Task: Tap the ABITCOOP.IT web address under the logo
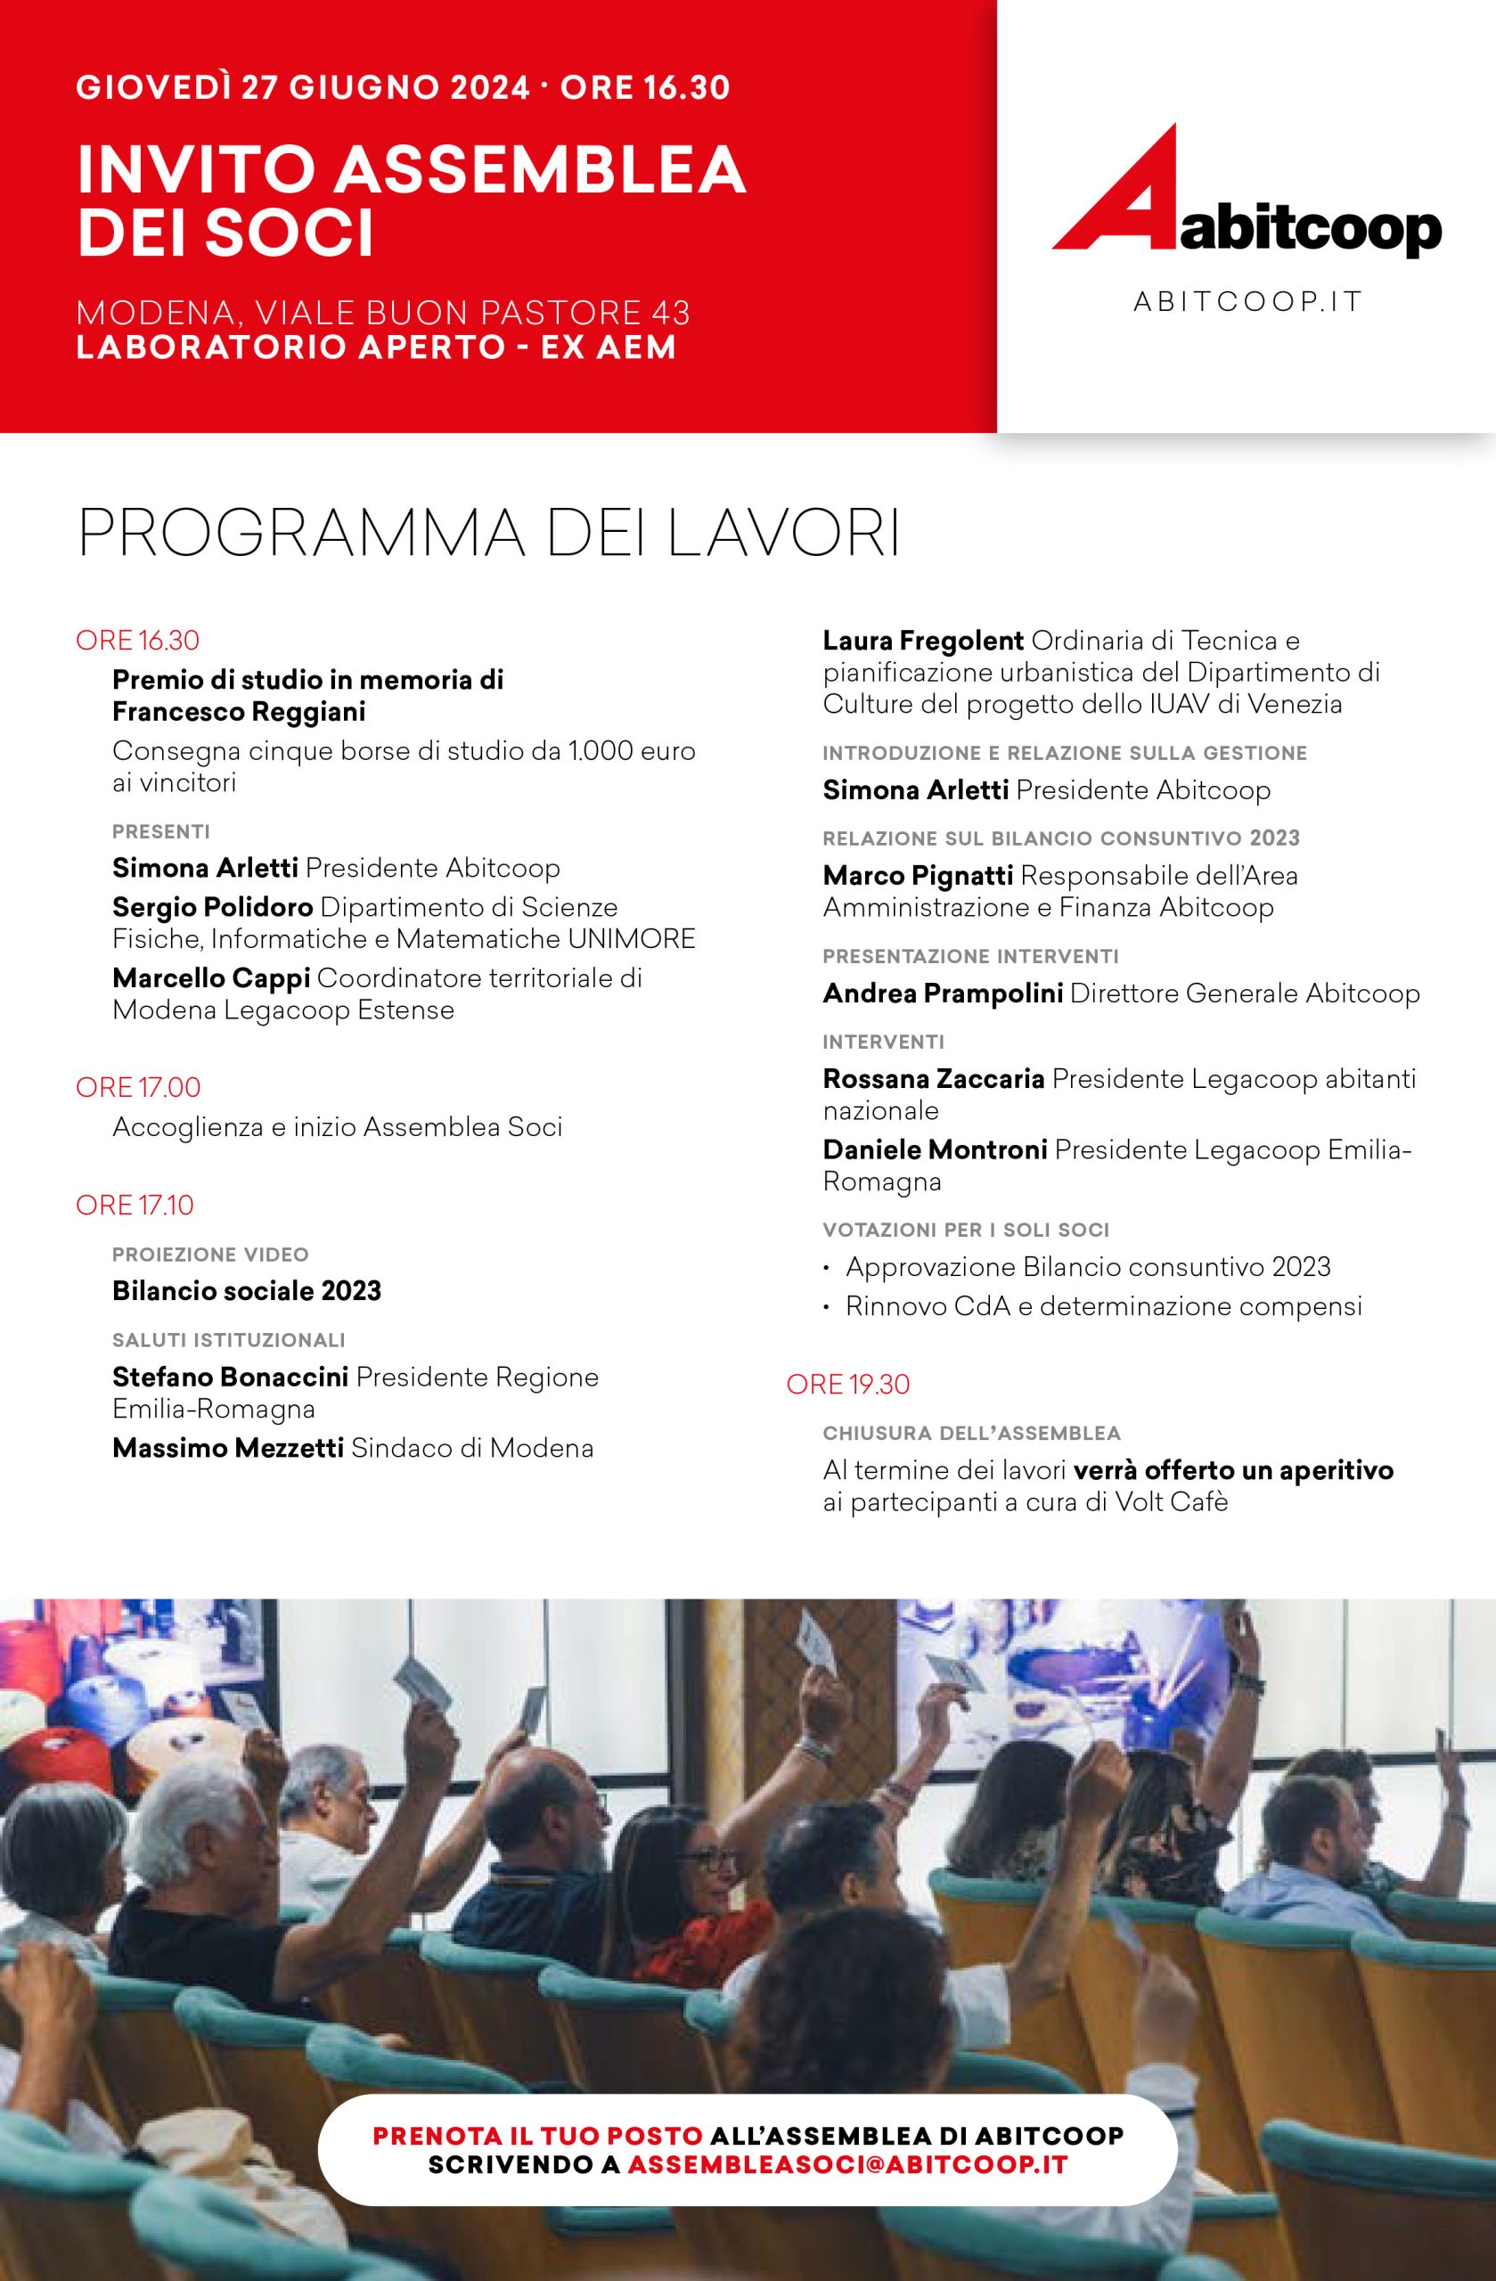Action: click(x=1247, y=302)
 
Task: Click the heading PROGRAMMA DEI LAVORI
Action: click(x=489, y=536)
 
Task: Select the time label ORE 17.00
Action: click(x=138, y=1088)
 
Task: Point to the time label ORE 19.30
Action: click(x=847, y=1385)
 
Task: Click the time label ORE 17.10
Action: click(x=135, y=1205)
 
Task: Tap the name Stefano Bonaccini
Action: click(x=230, y=1378)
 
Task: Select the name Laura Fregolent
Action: click(x=924, y=641)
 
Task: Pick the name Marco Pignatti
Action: click(x=917, y=875)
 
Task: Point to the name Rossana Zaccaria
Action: click(x=934, y=1078)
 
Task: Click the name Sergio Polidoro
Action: click(x=213, y=907)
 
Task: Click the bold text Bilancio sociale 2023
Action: click(x=246, y=1291)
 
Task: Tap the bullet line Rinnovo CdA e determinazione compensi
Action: click(x=1103, y=1306)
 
